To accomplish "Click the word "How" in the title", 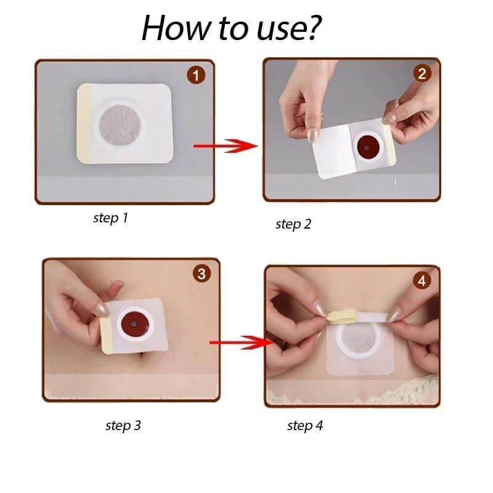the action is point(175,28).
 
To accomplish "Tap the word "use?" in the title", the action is point(288,29).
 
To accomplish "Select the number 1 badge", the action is point(196,75).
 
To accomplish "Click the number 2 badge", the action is point(422,73).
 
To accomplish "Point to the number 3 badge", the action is point(202,273).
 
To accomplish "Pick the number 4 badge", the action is point(422,281).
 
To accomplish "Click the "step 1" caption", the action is point(111,218).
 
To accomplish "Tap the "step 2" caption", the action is point(293,224).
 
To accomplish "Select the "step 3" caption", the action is point(123,425).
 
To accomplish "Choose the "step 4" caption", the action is point(305,425).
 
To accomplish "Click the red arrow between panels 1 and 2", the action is point(226,146).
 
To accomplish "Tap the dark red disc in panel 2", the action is point(366,147).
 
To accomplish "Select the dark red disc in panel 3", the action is point(134,325).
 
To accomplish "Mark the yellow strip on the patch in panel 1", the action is point(84,124).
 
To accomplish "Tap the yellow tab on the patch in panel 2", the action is point(389,144).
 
